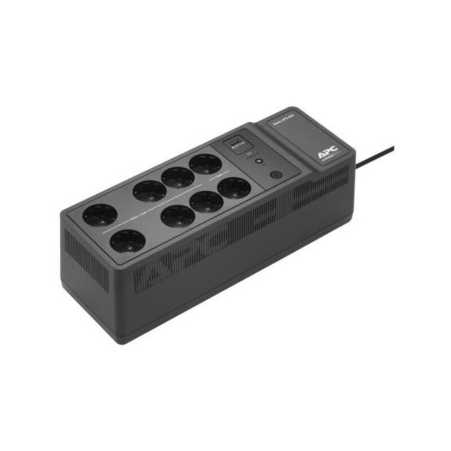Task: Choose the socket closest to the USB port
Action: [x=205, y=164]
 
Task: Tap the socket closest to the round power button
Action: [x=234, y=187]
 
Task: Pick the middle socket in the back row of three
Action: [x=178, y=177]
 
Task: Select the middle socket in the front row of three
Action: [x=206, y=202]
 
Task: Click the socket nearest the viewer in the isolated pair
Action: [x=126, y=242]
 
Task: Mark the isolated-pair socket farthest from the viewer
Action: [x=100, y=215]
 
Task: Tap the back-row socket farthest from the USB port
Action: [x=149, y=191]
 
